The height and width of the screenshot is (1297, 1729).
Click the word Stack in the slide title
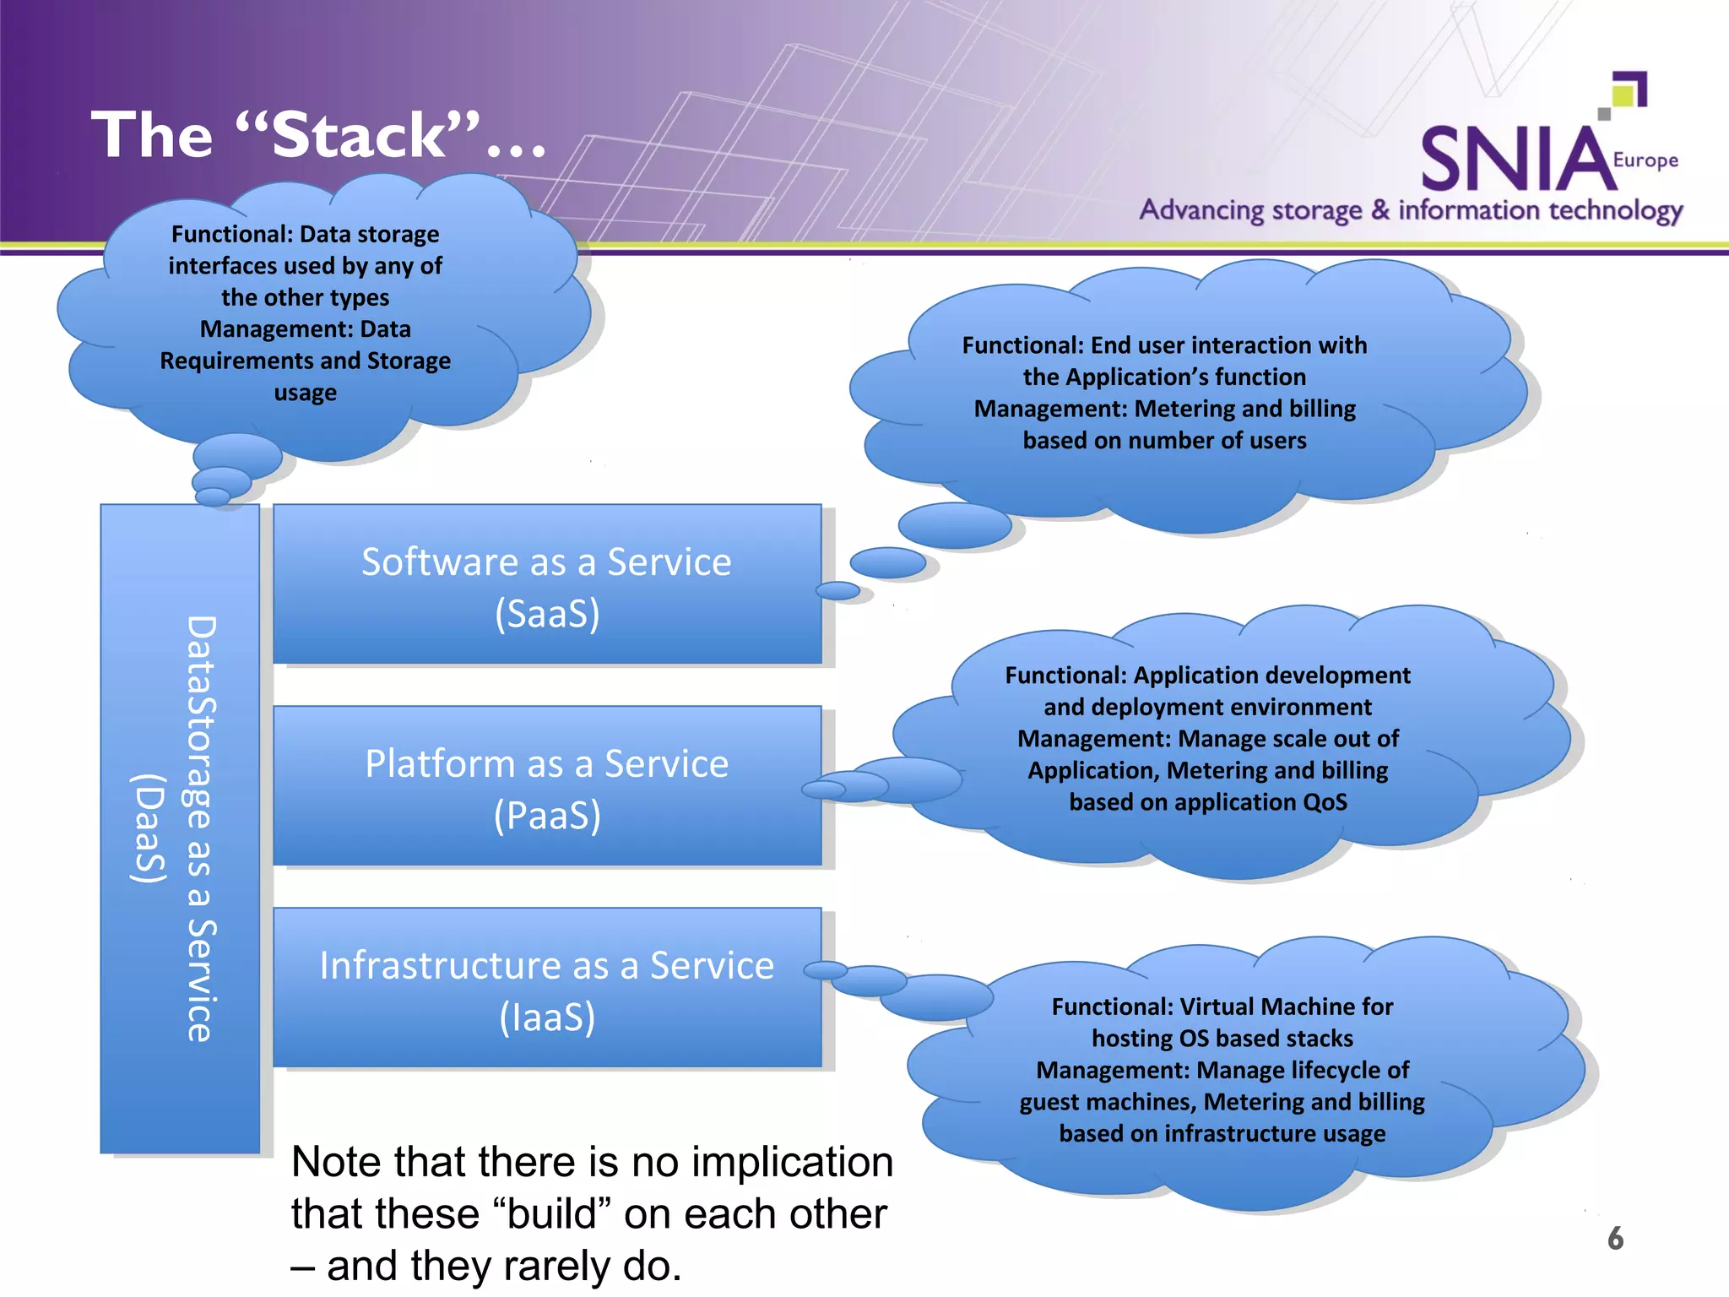tap(359, 135)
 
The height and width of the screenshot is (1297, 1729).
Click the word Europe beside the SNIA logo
tap(1645, 160)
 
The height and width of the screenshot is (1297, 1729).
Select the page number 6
tap(1615, 1238)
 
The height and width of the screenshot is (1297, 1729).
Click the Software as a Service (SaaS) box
tap(547, 584)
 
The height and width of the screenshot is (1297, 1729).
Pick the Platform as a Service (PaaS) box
tap(547, 787)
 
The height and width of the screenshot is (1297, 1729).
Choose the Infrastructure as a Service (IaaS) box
tap(547, 988)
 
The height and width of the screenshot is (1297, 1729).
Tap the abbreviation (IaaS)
tap(547, 1017)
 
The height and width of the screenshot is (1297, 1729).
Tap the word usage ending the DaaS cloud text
tap(305, 393)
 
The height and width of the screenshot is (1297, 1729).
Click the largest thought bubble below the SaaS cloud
tap(955, 525)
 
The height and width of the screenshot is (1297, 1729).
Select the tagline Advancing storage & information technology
tap(1410, 210)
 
